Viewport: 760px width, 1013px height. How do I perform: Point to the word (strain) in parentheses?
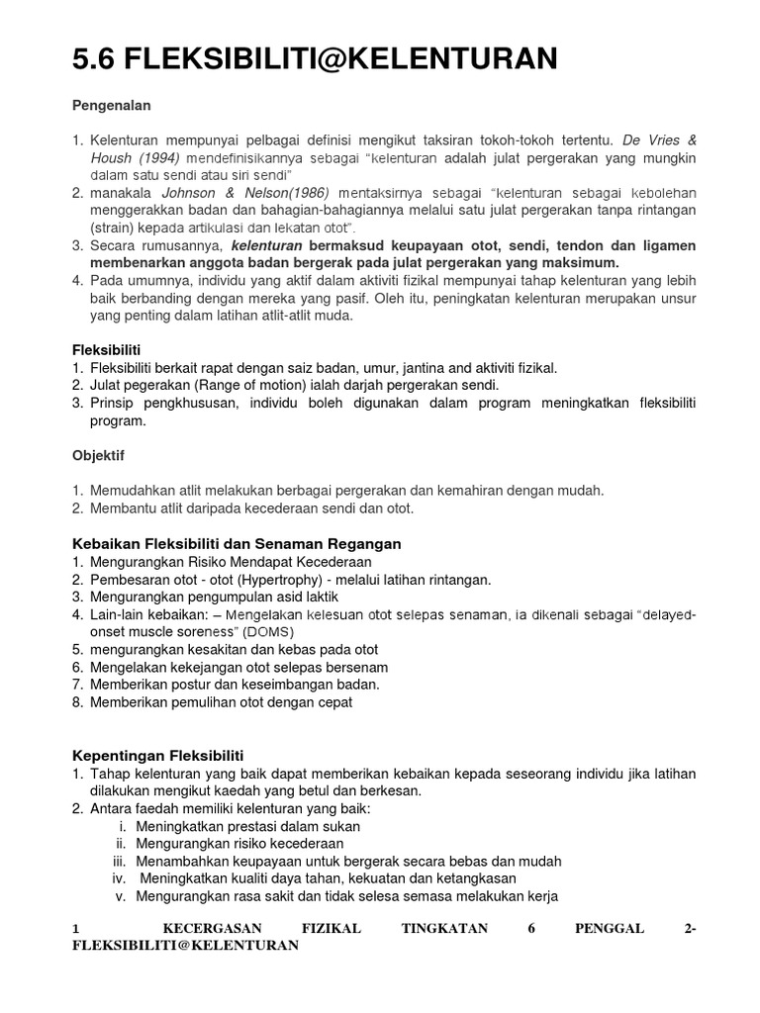tap(111, 228)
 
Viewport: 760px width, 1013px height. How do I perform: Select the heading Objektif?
tap(100, 456)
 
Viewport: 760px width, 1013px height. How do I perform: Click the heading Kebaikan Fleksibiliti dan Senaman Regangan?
tap(237, 544)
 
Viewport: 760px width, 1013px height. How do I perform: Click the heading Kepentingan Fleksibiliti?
tap(158, 755)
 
